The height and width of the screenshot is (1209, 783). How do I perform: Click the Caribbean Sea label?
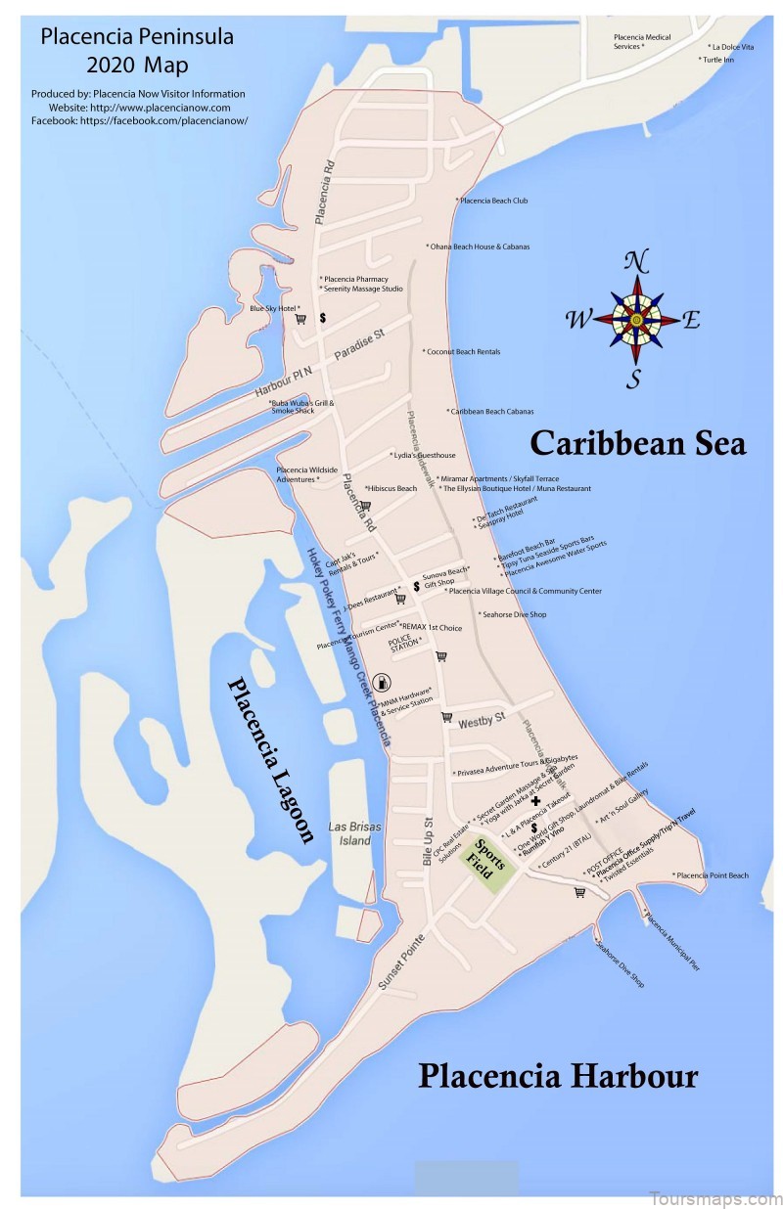(x=637, y=443)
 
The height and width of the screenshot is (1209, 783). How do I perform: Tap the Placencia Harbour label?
(x=558, y=1077)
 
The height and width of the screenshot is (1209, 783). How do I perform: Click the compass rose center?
(x=636, y=319)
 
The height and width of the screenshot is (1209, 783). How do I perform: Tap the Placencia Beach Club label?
(x=493, y=201)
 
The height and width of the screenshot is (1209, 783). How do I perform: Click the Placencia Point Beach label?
(x=711, y=875)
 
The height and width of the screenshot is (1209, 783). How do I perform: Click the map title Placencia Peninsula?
(x=122, y=39)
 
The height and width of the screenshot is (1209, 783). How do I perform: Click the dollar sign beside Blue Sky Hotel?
(x=322, y=317)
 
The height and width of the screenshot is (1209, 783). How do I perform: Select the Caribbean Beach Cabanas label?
(x=491, y=412)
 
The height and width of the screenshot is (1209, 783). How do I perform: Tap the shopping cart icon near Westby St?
(x=446, y=717)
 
